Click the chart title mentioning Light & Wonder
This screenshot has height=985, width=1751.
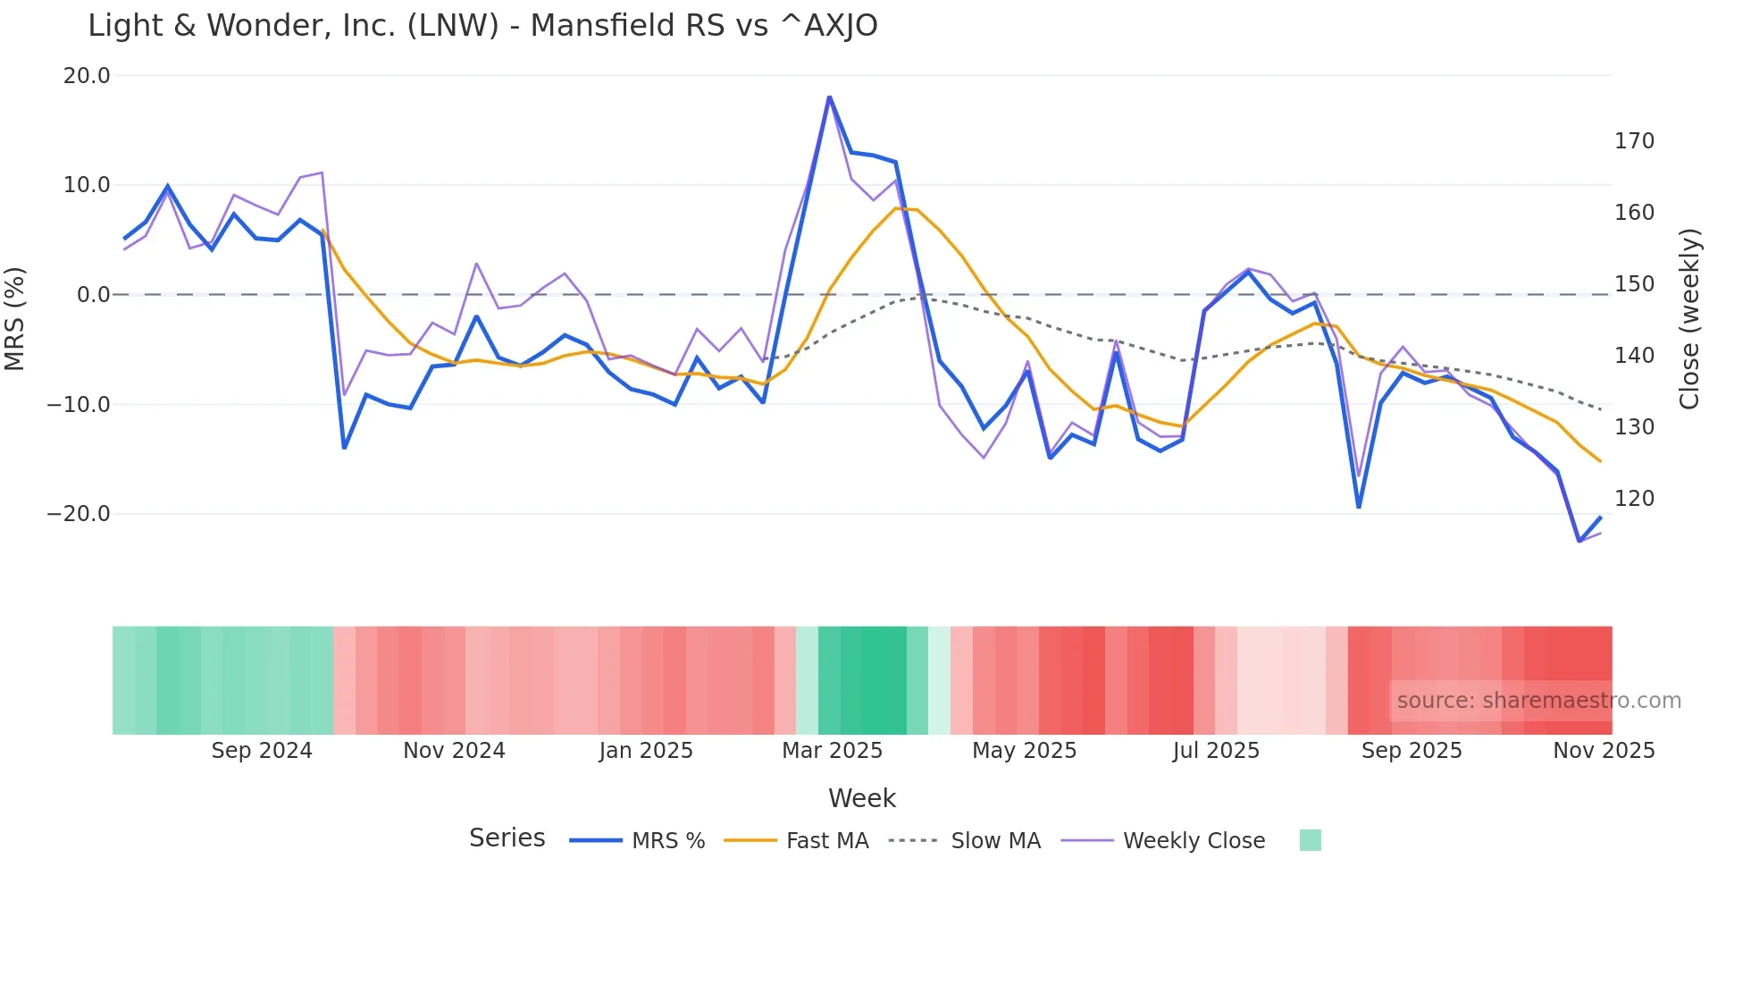[482, 26]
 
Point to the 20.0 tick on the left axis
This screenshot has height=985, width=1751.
[87, 76]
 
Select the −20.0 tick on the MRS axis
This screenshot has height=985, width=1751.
[79, 514]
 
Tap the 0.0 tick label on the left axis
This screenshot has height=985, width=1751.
[93, 295]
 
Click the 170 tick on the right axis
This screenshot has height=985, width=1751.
[1634, 141]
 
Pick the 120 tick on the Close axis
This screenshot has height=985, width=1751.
[1634, 499]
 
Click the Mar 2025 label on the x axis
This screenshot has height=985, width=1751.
[832, 751]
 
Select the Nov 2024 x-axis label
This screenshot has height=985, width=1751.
[454, 751]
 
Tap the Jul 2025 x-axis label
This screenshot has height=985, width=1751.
[1216, 751]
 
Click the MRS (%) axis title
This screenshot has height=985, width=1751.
[15, 318]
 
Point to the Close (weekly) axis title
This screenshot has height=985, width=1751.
[1689, 318]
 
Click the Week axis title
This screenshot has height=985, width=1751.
[861, 798]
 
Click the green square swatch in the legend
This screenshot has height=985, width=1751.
[1310, 840]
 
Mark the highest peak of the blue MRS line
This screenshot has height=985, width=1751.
[829, 97]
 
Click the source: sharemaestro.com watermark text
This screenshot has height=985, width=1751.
[1538, 701]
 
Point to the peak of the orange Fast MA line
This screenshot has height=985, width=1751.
[896, 208]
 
